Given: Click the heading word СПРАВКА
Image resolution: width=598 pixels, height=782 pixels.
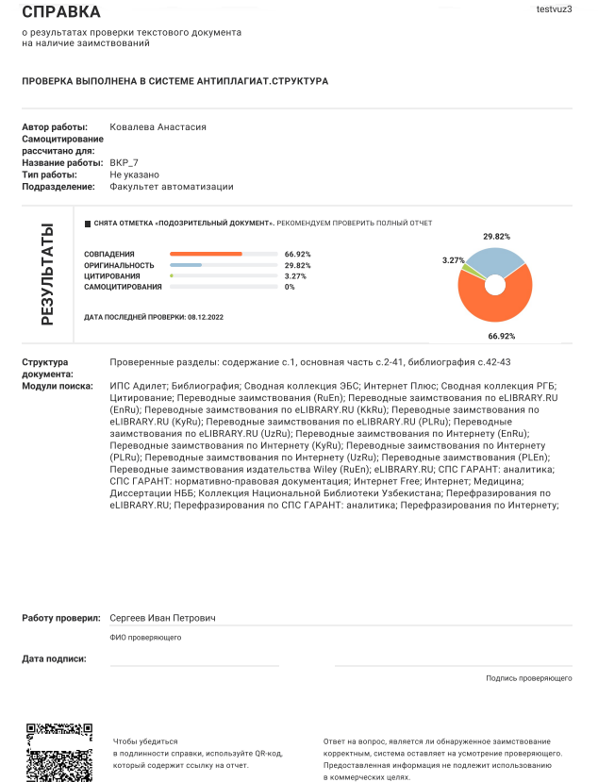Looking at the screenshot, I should click(61, 12).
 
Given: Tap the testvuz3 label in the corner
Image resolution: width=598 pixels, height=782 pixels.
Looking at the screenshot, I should click(554, 8).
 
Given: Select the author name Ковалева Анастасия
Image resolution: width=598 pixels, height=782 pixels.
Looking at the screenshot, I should click(158, 127).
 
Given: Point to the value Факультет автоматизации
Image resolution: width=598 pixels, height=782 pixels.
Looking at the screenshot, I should click(172, 187).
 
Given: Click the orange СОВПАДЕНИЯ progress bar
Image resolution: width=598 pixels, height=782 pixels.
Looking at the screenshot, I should click(206, 255).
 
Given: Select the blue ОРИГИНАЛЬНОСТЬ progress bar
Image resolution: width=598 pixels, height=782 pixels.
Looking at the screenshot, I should click(186, 265).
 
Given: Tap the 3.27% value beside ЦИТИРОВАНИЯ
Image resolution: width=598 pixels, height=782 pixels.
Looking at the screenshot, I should click(297, 276).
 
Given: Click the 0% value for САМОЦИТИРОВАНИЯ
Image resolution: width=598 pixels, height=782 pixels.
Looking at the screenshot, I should click(290, 287).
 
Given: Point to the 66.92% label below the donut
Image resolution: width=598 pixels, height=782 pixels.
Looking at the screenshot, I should click(501, 336).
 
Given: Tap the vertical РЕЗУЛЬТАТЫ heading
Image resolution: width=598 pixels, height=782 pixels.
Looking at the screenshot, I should click(46, 275).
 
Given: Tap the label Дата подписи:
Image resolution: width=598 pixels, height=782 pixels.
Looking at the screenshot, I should click(54, 658).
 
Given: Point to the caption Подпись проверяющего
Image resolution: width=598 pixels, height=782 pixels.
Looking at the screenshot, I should click(529, 678).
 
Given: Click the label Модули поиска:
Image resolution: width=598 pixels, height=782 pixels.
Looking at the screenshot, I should click(58, 386).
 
